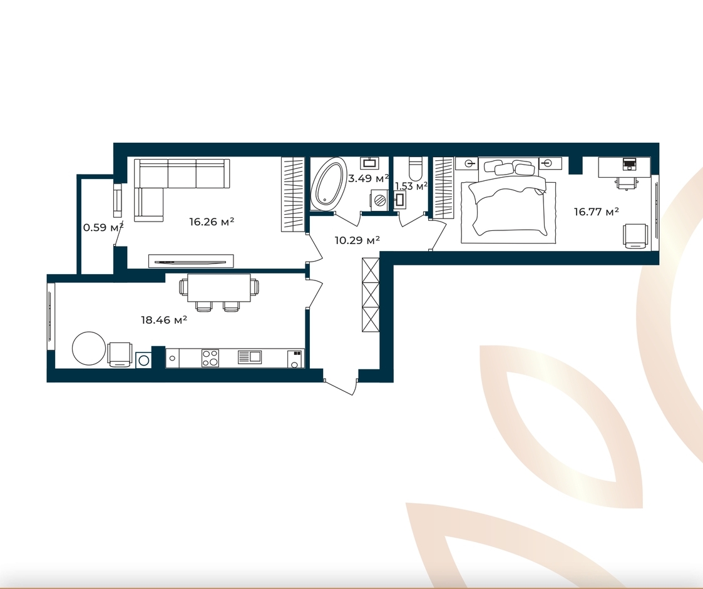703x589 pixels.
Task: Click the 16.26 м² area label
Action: pyautogui.click(x=212, y=222)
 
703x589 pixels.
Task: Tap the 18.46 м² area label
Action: pyautogui.click(x=163, y=320)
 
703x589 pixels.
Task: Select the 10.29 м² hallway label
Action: pyautogui.click(x=357, y=241)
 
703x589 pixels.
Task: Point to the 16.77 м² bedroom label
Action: pyautogui.click(x=597, y=212)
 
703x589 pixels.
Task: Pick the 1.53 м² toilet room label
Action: pyautogui.click(x=411, y=185)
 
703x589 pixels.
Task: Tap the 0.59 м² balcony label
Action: pyautogui.click(x=103, y=227)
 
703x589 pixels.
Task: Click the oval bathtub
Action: pyautogui.click(x=329, y=184)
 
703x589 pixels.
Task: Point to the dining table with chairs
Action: pyautogui.click(x=219, y=292)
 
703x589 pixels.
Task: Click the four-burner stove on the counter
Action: pyautogui.click(x=210, y=358)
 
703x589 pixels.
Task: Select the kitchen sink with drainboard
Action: pyautogui.click(x=250, y=357)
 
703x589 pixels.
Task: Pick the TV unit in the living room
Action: pyautogui.click(x=191, y=261)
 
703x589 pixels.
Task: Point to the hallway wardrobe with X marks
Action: pyautogui.click(x=371, y=295)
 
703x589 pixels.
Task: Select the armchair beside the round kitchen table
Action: pyautogui.click(x=120, y=354)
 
